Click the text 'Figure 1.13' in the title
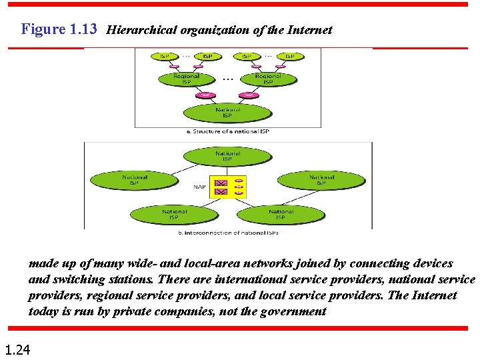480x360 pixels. [59, 29]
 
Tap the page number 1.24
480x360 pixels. [17, 348]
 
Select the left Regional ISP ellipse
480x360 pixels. [186, 79]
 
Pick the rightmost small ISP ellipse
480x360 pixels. [289, 56]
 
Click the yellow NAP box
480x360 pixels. [227, 187]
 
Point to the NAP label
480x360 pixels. [199, 187]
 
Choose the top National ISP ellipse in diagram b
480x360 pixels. [227, 156]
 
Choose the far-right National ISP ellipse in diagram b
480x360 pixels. [321, 179]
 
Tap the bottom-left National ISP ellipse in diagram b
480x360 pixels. [174, 214]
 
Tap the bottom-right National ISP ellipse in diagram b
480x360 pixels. [280, 214]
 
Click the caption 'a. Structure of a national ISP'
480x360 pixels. [227, 131]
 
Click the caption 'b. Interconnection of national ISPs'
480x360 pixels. [227, 233]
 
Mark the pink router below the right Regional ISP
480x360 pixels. [248, 95]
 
